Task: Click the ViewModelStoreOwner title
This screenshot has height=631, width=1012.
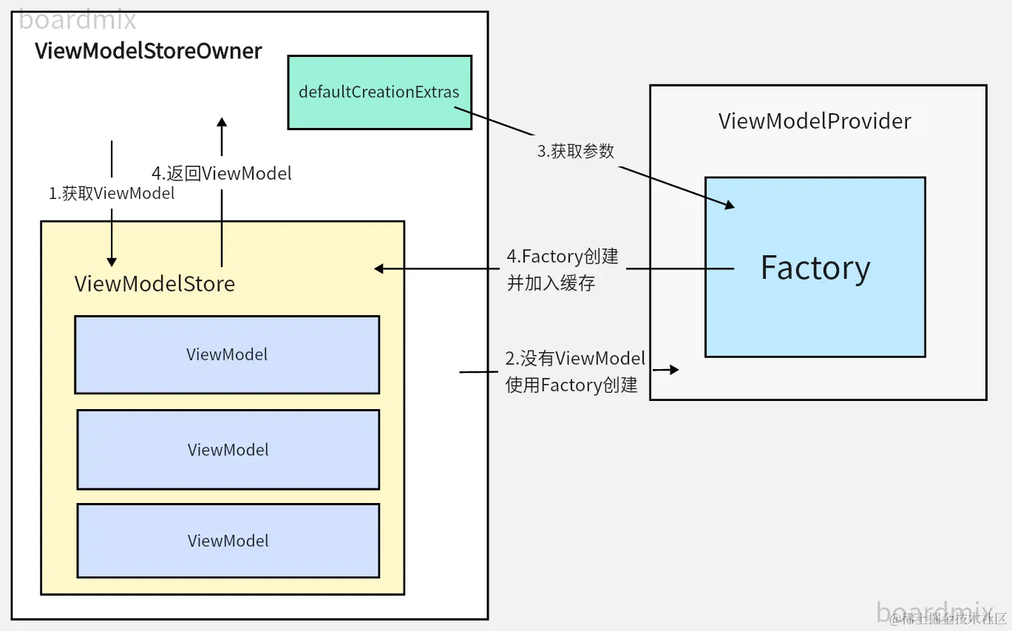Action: (149, 51)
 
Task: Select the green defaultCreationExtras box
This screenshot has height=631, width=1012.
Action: (379, 92)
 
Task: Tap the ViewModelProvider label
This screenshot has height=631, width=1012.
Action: (815, 121)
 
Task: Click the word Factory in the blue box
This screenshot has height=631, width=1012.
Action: (815, 268)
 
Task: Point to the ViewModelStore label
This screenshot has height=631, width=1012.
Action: (154, 284)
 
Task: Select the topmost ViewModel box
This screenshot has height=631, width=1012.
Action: (227, 354)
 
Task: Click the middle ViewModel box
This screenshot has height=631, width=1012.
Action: (228, 450)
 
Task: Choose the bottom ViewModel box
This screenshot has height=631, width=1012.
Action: (228, 541)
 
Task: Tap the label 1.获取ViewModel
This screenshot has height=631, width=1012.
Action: (112, 194)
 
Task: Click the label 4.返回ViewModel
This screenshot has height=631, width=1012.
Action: (222, 174)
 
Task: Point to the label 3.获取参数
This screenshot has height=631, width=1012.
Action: (575, 152)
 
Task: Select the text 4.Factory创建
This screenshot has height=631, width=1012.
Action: (563, 257)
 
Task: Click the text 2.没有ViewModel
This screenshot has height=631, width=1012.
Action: (575, 359)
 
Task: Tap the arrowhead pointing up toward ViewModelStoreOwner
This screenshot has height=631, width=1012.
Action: (222, 122)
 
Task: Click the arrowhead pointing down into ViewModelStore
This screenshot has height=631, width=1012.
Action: (112, 261)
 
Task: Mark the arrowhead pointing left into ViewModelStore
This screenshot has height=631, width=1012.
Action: (379, 269)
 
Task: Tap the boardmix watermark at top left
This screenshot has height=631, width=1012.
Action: (78, 20)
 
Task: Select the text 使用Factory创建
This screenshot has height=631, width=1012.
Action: (571, 385)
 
